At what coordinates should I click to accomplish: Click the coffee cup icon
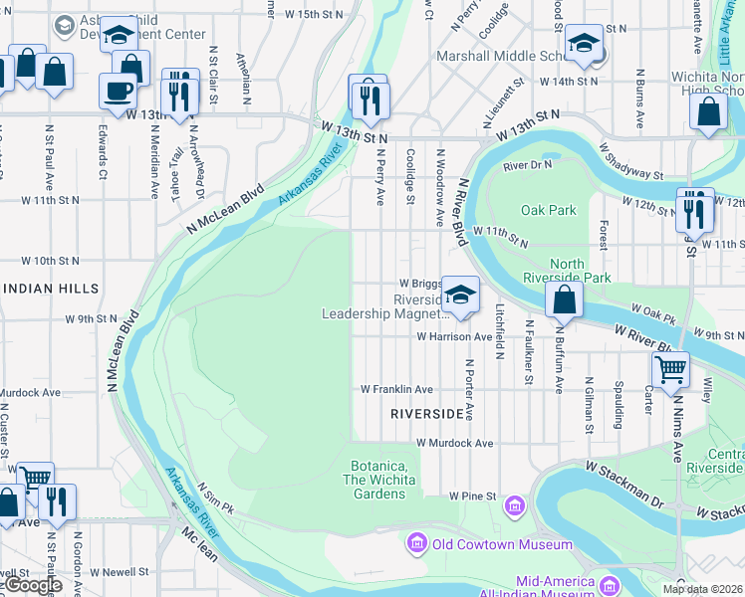point(118,92)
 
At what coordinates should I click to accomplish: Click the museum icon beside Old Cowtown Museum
point(416,544)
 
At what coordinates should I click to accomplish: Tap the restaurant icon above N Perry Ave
point(369,98)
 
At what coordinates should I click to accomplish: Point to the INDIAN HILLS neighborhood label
point(51,289)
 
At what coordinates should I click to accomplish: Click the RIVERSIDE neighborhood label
point(426,413)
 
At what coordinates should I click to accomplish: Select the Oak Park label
point(549,210)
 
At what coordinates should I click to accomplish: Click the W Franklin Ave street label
point(396,389)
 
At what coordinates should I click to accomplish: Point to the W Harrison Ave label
point(454,337)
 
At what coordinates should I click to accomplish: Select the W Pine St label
point(471,495)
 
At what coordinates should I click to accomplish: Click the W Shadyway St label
point(630,161)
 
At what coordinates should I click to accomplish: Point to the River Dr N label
point(527,165)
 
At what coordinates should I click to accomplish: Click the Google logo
point(33,585)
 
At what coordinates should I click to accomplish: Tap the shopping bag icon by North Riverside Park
point(565,299)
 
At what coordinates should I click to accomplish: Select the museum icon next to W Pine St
point(515,506)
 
